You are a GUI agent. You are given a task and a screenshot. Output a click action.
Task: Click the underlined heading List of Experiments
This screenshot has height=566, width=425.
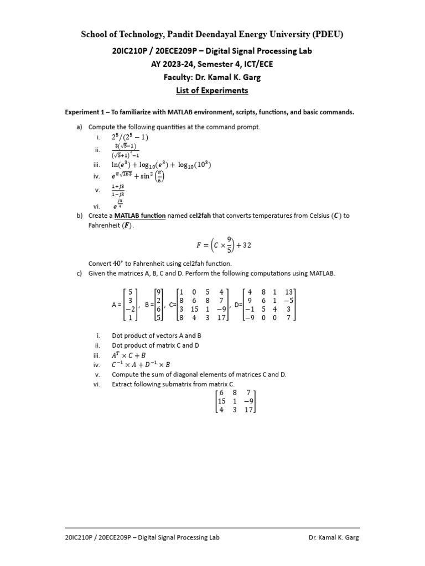tap(212, 91)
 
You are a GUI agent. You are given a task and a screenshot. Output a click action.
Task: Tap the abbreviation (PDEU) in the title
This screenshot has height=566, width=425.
tap(327, 35)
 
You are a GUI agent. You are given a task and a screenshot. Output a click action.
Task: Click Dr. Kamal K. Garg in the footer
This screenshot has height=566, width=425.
tap(334, 537)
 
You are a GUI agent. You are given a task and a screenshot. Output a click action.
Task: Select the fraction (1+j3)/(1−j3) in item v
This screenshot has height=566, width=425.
tap(118, 191)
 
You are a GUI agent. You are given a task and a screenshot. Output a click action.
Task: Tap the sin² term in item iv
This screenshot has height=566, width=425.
tap(153, 176)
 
